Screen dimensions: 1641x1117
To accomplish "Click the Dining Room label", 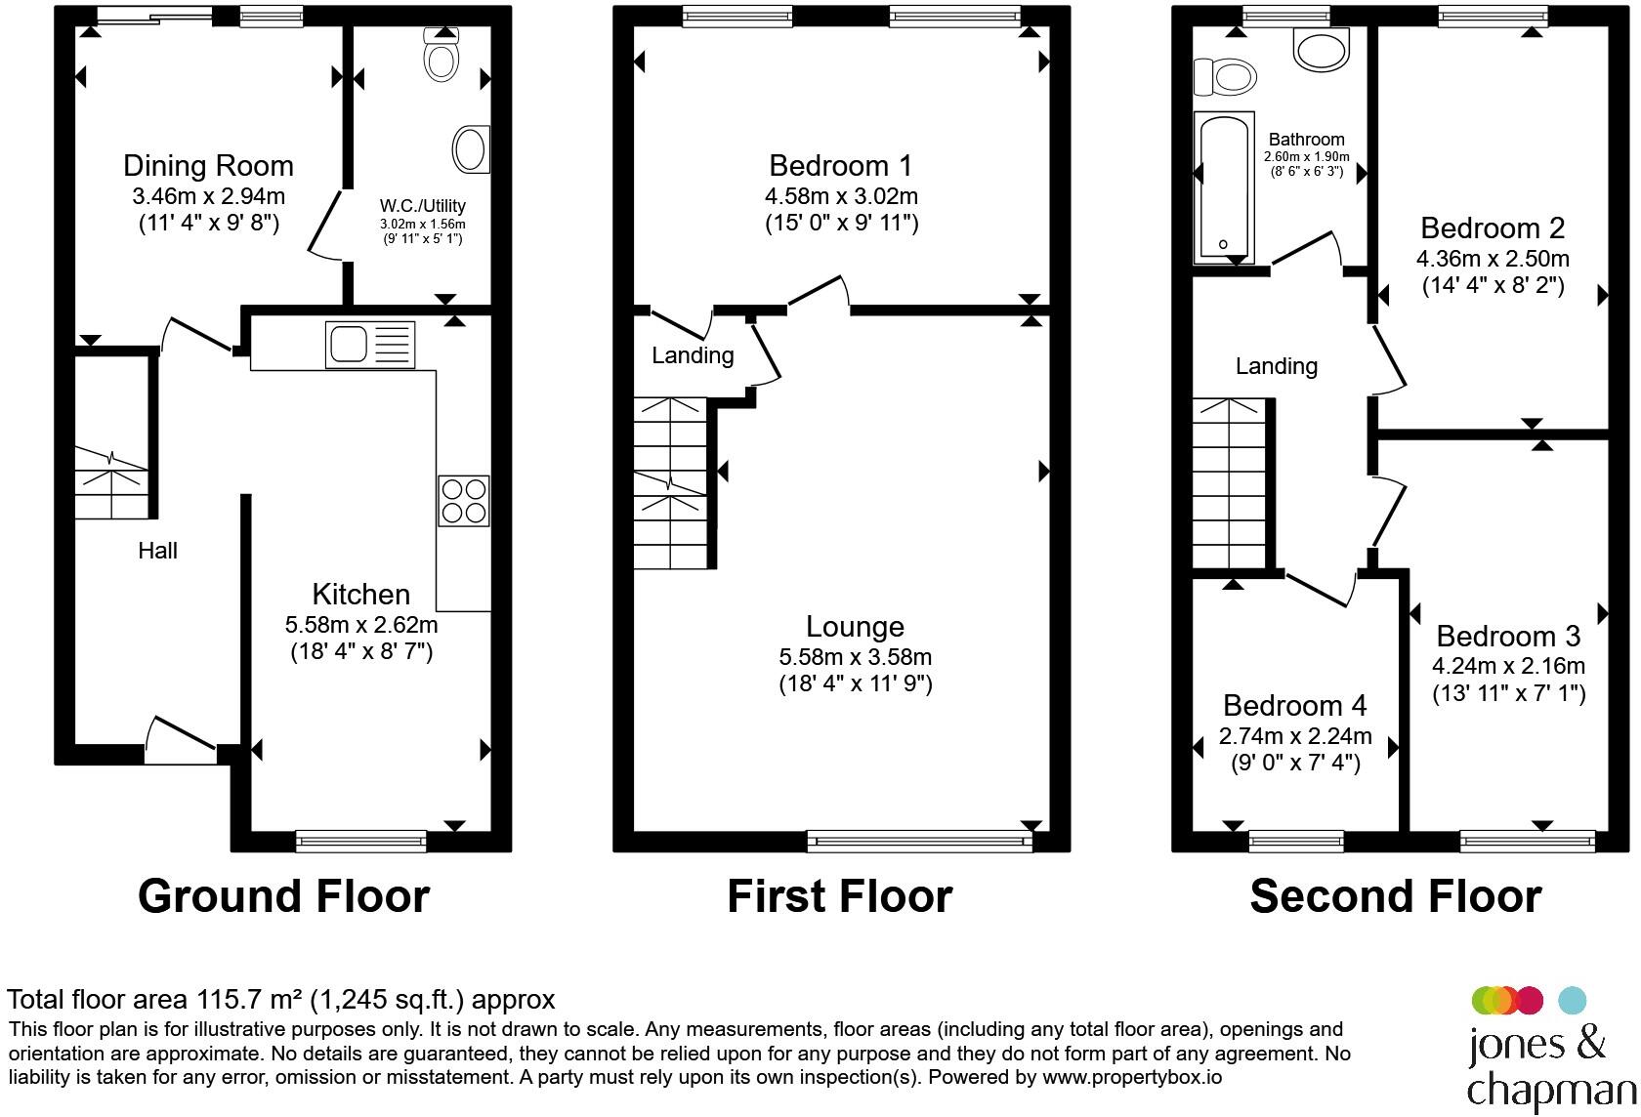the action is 208,166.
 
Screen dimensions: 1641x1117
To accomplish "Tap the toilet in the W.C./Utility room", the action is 442,55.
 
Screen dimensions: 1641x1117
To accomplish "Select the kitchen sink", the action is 370,345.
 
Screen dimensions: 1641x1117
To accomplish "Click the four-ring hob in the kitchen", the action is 464,501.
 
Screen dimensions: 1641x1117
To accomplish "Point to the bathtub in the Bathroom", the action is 1223,187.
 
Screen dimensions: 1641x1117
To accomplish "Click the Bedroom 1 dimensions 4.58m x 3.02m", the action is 841,196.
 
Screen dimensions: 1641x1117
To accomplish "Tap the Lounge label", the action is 855,626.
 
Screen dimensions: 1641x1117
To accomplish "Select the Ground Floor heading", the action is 283,895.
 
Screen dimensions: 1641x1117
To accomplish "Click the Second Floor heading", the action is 1396,895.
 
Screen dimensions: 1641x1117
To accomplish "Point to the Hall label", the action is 157,550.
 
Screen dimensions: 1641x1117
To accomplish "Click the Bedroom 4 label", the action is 1294,705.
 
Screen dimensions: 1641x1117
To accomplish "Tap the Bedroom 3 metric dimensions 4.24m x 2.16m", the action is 1508,666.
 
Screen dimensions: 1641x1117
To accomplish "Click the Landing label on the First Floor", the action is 693,355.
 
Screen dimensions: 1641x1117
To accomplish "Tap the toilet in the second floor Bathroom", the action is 1225,76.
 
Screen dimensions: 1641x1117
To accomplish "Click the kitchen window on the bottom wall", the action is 361,841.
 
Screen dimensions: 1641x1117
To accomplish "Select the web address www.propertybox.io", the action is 1132,1077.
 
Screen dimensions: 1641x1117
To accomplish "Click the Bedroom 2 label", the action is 1493,228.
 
